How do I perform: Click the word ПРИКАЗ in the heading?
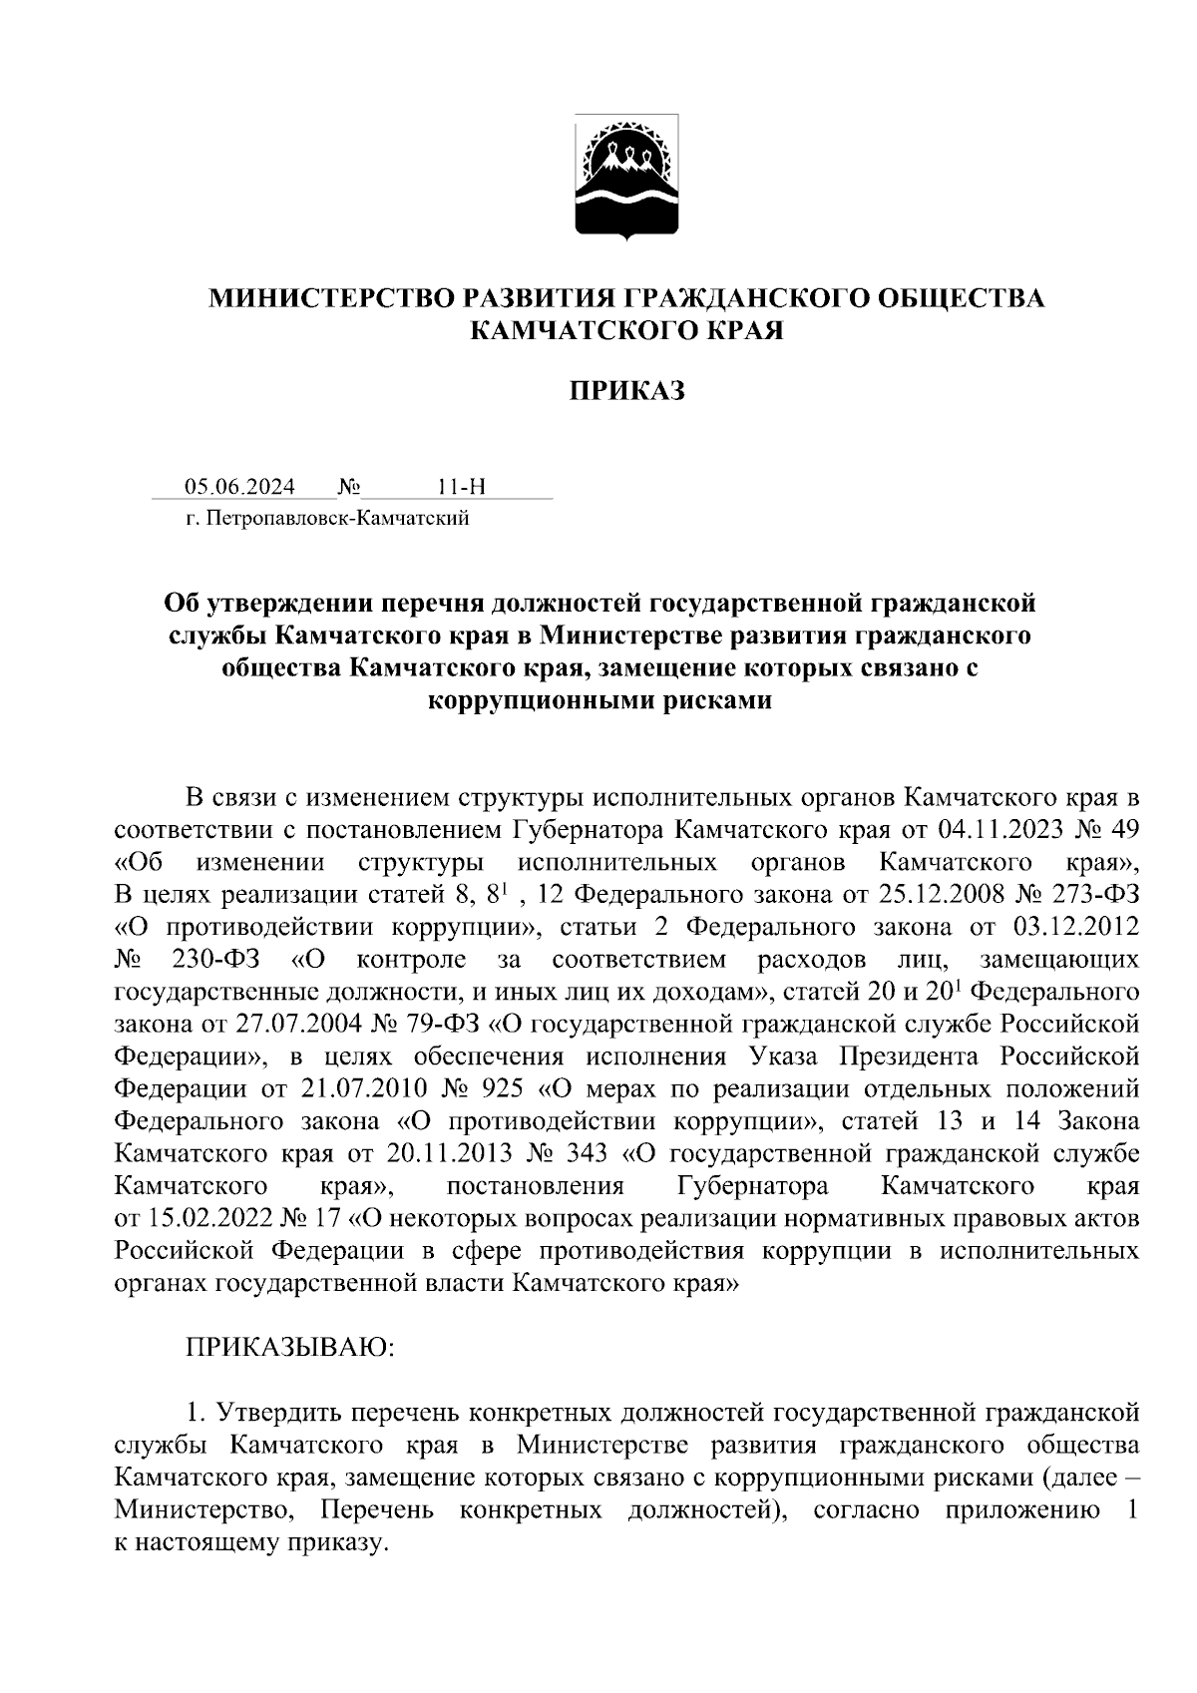(626, 391)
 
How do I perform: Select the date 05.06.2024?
(239, 487)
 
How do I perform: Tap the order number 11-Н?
(461, 487)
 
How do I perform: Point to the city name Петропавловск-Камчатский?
(336, 518)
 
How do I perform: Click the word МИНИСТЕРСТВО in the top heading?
(324, 297)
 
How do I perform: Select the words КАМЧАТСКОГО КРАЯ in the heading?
(626, 330)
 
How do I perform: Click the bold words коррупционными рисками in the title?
(598, 699)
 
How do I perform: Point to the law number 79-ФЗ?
(448, 1025)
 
